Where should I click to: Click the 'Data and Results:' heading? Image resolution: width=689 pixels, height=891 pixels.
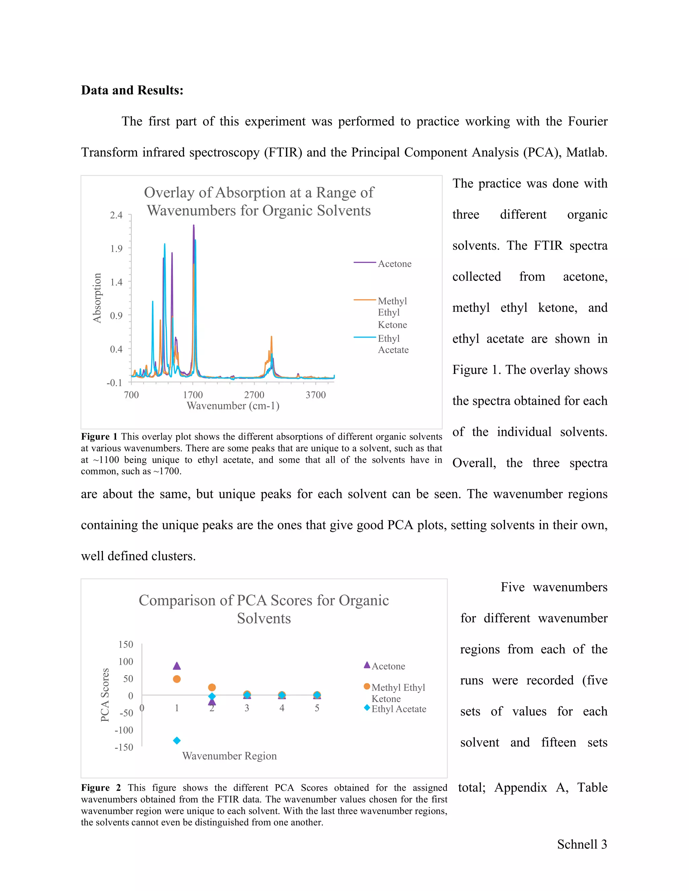[132, 90]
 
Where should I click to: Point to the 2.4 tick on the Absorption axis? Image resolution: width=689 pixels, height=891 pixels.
[116, 215]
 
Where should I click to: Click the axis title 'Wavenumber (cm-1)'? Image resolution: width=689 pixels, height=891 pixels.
[233, 405]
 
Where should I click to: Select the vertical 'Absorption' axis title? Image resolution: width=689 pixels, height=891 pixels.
[97, 298]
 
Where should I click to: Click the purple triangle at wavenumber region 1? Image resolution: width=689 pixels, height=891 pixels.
[177, 666]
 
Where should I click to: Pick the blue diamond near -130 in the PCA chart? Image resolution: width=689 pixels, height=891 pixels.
[177, 740]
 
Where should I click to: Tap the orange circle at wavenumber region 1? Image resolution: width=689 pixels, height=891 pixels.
[177, 679]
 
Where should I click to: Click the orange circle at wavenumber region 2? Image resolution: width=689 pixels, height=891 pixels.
[212, 688]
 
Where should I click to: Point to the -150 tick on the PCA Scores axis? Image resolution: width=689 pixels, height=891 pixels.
[124, 747]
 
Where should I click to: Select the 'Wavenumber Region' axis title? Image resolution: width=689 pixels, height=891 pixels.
[229, 756]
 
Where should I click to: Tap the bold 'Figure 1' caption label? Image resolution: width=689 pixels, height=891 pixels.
[99, 436]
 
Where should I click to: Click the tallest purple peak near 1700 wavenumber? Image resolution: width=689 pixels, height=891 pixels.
[193, 226]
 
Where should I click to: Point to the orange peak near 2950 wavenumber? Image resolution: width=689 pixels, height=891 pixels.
[271, 337]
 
